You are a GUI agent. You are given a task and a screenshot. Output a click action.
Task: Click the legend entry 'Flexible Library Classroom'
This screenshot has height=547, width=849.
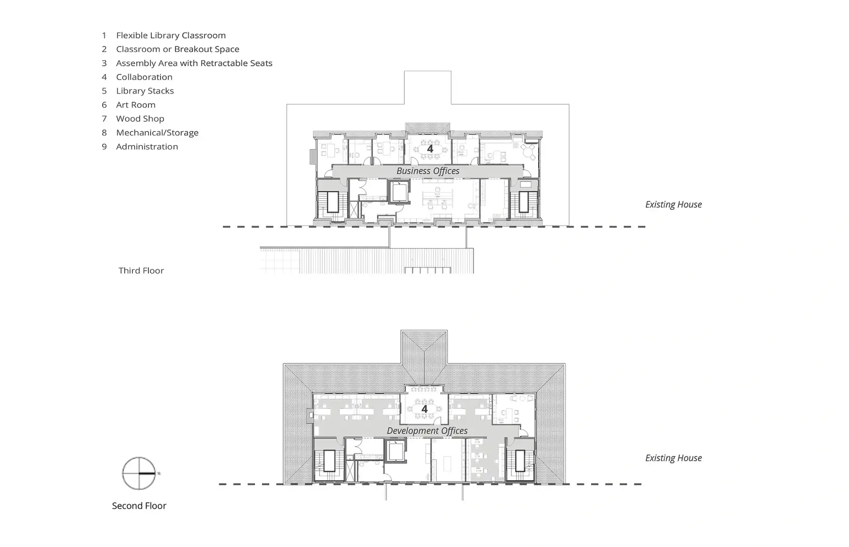[170, 35]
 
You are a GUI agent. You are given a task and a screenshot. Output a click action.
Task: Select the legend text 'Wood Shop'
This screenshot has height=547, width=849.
[140, 119]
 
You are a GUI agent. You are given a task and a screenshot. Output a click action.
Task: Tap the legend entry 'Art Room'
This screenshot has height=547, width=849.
[135, 105]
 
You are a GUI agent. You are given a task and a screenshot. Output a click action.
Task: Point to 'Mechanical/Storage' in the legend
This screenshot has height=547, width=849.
[157, 133]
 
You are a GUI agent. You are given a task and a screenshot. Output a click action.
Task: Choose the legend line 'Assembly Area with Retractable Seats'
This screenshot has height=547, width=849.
[194, 63]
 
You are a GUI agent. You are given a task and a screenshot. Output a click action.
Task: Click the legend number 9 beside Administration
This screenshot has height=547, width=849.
[104, 146]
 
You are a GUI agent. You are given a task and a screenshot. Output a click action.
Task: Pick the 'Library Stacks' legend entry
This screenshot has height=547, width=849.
[145, 91]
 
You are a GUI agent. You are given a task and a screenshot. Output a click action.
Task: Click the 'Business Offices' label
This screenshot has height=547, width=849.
[428, 171]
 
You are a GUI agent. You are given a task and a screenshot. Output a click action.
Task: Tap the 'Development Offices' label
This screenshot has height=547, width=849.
[427, 431]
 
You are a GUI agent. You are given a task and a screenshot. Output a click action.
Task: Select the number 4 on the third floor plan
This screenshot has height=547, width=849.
[430, 148]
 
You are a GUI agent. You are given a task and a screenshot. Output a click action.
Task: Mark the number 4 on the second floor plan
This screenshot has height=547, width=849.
[424, 409]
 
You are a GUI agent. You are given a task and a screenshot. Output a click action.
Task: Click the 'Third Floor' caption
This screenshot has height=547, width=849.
[141, 271]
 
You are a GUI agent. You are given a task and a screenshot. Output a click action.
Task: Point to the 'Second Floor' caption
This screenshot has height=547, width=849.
[139, 505]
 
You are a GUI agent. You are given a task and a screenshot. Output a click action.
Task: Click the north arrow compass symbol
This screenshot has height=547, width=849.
[139, 473]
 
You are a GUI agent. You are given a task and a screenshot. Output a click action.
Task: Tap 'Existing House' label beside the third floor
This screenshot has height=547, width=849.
[673, 204]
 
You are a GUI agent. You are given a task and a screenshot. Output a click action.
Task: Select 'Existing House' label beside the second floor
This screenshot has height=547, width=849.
[673, 458]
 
